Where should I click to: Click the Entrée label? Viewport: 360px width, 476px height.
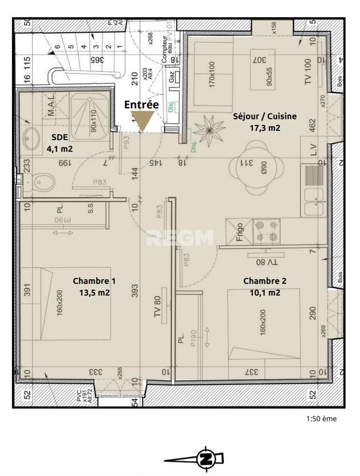141,104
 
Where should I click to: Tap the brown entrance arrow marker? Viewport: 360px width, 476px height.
142,121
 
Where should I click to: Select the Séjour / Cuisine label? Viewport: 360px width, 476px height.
256,117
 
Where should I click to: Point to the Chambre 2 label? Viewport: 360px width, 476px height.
261,281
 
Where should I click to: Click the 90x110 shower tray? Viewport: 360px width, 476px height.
93,119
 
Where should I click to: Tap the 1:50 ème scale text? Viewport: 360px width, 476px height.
321,419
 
